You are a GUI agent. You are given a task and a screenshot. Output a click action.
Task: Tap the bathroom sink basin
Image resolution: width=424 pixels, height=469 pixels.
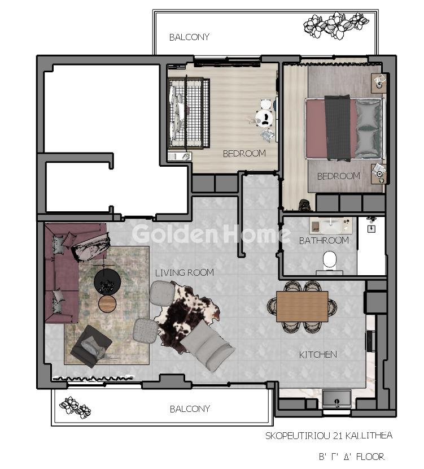tap(331, 226)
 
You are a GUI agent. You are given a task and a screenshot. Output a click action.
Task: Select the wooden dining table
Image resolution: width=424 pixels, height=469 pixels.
tap(302, 306)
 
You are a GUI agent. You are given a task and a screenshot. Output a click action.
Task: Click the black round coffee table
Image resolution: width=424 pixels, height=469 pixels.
tap(107, 281)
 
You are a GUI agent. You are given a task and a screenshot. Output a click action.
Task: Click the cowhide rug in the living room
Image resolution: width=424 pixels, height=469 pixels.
tap(188, 311)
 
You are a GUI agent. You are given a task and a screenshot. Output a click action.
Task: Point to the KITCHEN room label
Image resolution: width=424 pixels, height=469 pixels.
tap(318, 355)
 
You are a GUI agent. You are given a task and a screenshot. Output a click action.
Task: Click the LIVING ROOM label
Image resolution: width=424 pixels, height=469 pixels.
tap(185, 272)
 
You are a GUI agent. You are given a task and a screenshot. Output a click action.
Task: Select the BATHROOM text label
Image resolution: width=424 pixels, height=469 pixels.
tap(324, 241)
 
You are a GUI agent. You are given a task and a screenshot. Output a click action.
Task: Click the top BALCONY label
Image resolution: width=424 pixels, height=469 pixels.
tap(189, 37)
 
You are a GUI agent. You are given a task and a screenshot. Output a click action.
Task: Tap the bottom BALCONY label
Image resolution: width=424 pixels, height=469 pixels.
tap(190, 409)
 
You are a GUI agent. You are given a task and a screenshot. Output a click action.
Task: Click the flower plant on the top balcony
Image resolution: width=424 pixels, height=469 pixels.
tap(336, 25)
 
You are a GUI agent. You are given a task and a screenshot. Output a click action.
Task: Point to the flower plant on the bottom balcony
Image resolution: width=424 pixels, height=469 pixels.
tap(75, 407)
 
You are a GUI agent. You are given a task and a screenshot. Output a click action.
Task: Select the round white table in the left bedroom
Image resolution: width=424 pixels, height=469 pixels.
tap(264, 118)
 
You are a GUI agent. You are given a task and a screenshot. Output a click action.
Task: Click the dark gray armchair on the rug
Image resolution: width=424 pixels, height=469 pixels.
tap(91, 346)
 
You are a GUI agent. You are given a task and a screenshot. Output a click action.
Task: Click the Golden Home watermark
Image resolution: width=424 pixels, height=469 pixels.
tap(211, 233)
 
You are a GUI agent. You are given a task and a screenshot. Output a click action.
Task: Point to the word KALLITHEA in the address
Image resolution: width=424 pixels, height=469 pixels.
tap(369, 436)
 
